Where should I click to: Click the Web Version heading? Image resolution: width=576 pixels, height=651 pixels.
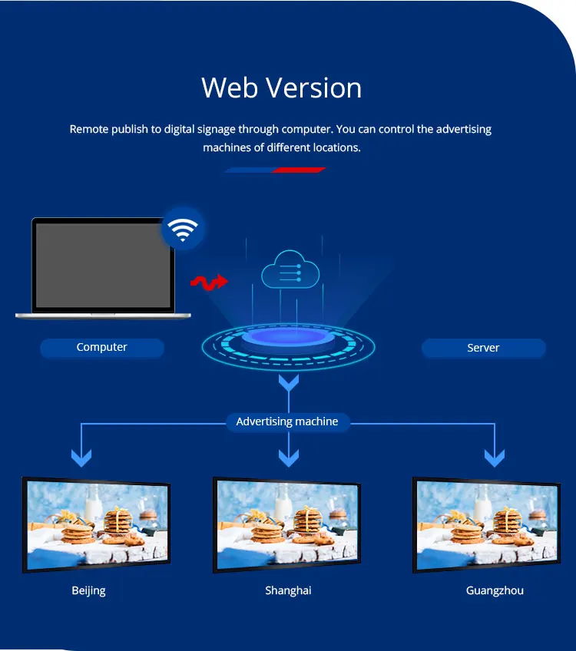[281, 88]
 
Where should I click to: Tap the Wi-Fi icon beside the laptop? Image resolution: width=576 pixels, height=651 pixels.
[183, 229]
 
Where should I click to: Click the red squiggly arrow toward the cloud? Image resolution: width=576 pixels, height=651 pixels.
[210, 283]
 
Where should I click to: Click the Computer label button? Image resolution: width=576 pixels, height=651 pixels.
[102, 348]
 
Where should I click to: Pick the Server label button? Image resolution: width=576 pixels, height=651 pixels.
[483, 349]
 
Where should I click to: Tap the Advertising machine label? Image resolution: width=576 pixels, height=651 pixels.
[287, 421]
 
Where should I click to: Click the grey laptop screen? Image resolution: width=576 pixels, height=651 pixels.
[103, 265]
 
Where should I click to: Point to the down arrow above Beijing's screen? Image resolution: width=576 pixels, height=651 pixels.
[81, 458]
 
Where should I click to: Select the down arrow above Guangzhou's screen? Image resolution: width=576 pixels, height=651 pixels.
[495, 458]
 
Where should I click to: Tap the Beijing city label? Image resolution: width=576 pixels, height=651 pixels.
[89, 590]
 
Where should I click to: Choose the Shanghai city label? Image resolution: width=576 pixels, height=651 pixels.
[288, 590]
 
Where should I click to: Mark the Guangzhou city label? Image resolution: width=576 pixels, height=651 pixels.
[495, 590]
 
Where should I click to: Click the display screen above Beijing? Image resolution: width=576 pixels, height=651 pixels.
[97, 525]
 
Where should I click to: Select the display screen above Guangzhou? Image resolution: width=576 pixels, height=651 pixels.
[487, 525]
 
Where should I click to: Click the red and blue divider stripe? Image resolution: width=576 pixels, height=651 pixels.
[275, 170]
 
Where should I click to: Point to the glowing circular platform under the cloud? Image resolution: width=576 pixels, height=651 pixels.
[288, 345]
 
